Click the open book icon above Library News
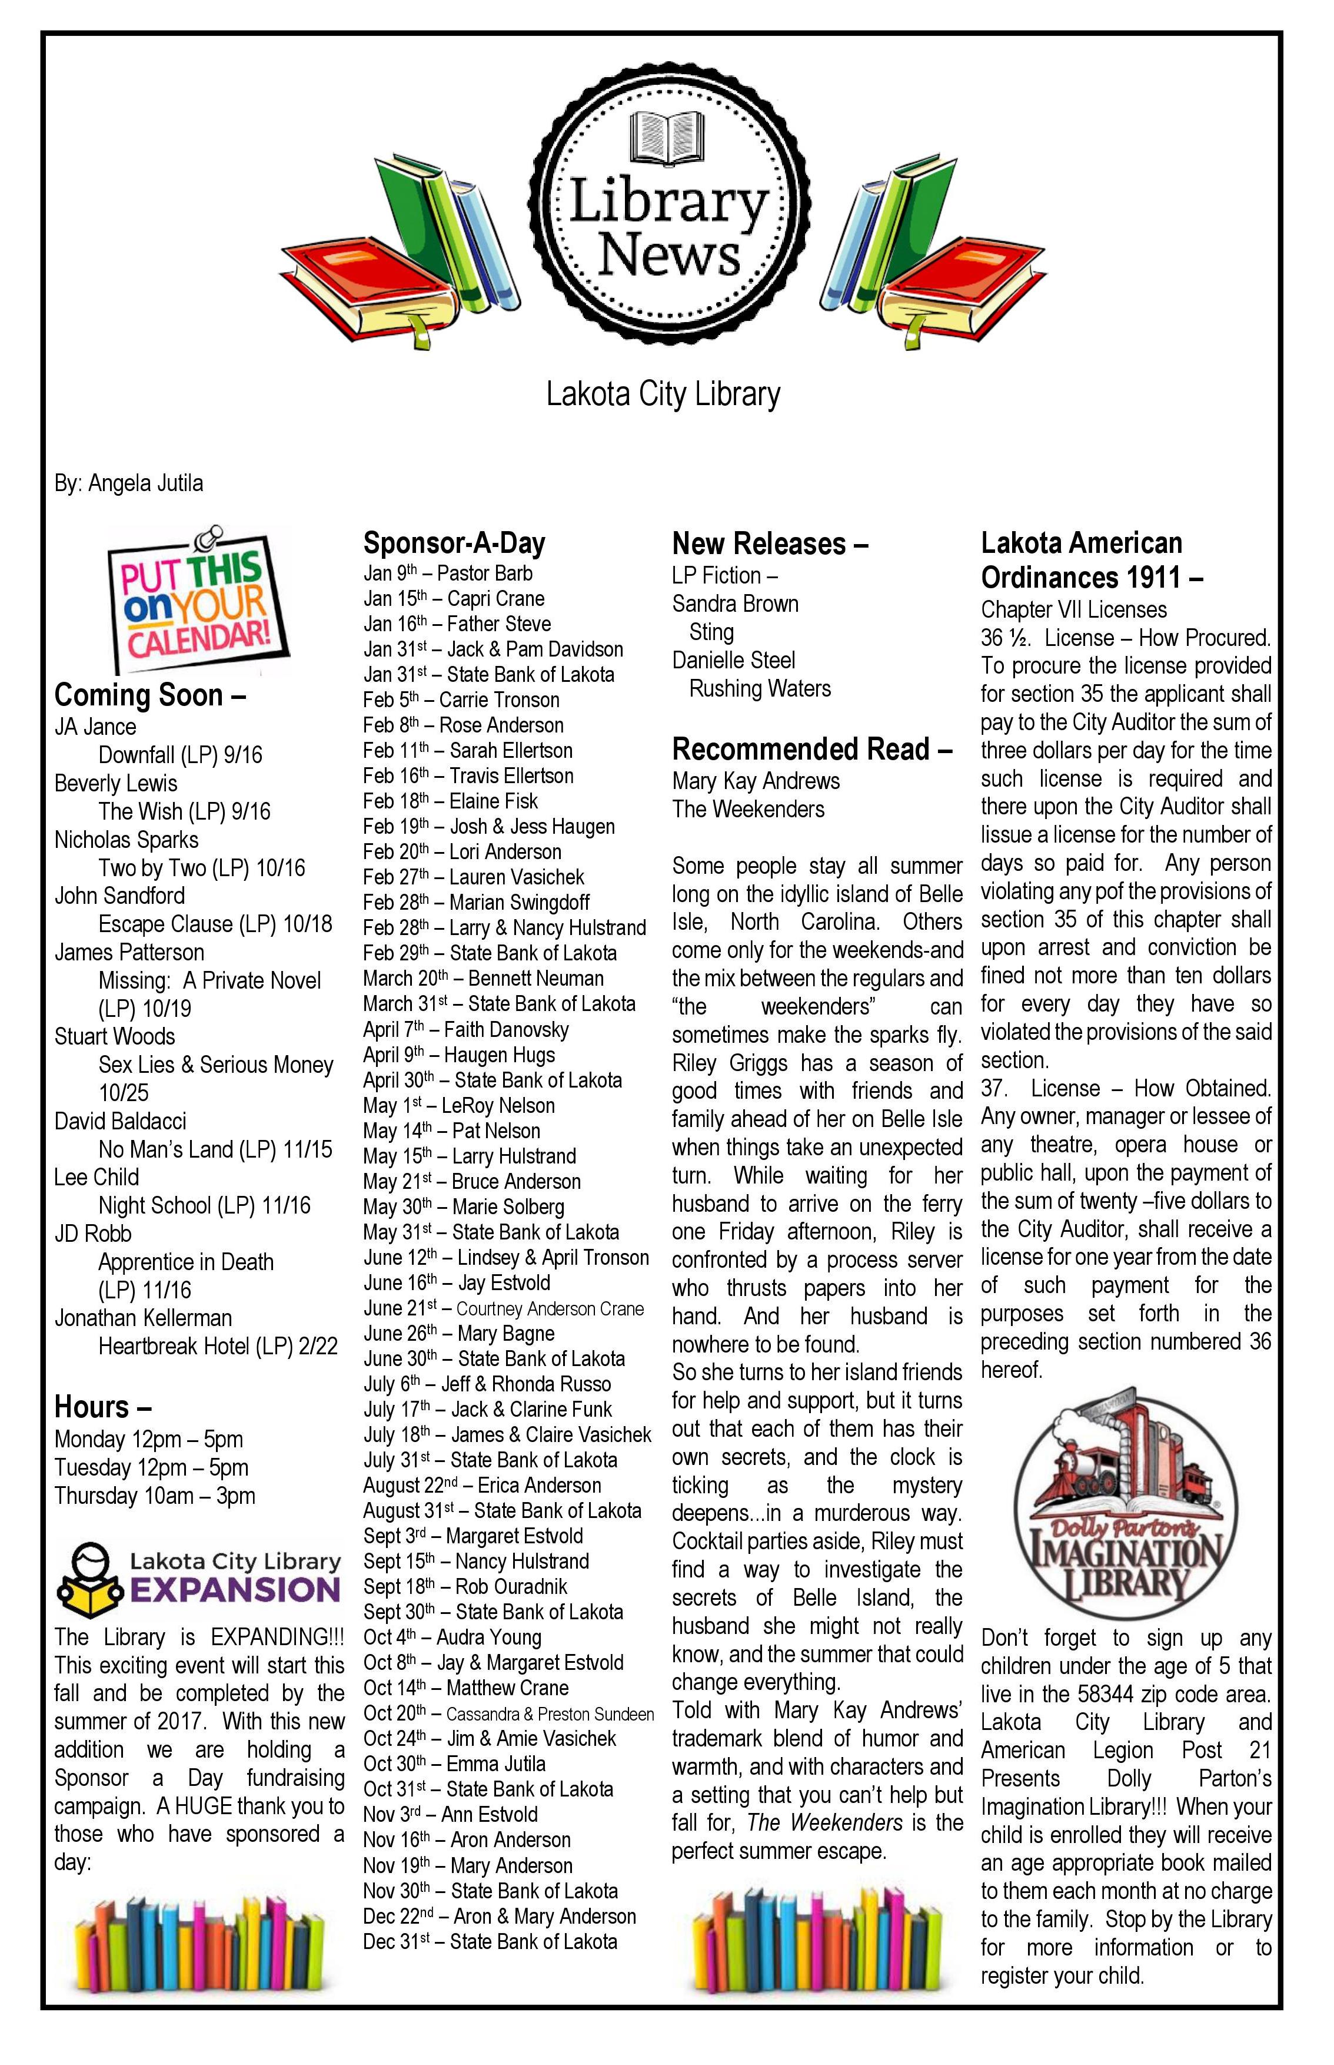coord(664,138)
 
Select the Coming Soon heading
coord(150,695)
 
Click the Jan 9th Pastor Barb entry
coord(448,574)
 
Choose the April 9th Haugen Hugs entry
coord(459,1055)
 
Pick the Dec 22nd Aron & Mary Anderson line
coord(500,1916)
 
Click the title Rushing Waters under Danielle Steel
coord(760,689)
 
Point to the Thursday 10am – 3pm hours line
coord(155,1496)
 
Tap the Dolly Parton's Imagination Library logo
coord(1126,1513)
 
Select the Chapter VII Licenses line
coord(1073,610)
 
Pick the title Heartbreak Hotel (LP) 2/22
coord(217,1346)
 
